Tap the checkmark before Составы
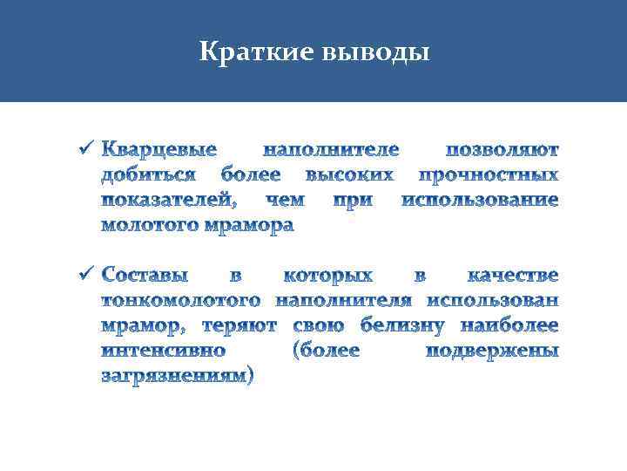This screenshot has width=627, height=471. [x=84, y=275]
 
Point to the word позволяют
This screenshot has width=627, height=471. [x=502, y=149]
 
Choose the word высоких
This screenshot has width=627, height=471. [x=355, y=174]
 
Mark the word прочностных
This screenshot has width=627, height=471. [x=489, y=174]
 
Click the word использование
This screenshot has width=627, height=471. [x=479, y=200]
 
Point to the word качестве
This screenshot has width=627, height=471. [x=512, y=276]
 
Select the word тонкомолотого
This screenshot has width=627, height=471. [x=181, y=301]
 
